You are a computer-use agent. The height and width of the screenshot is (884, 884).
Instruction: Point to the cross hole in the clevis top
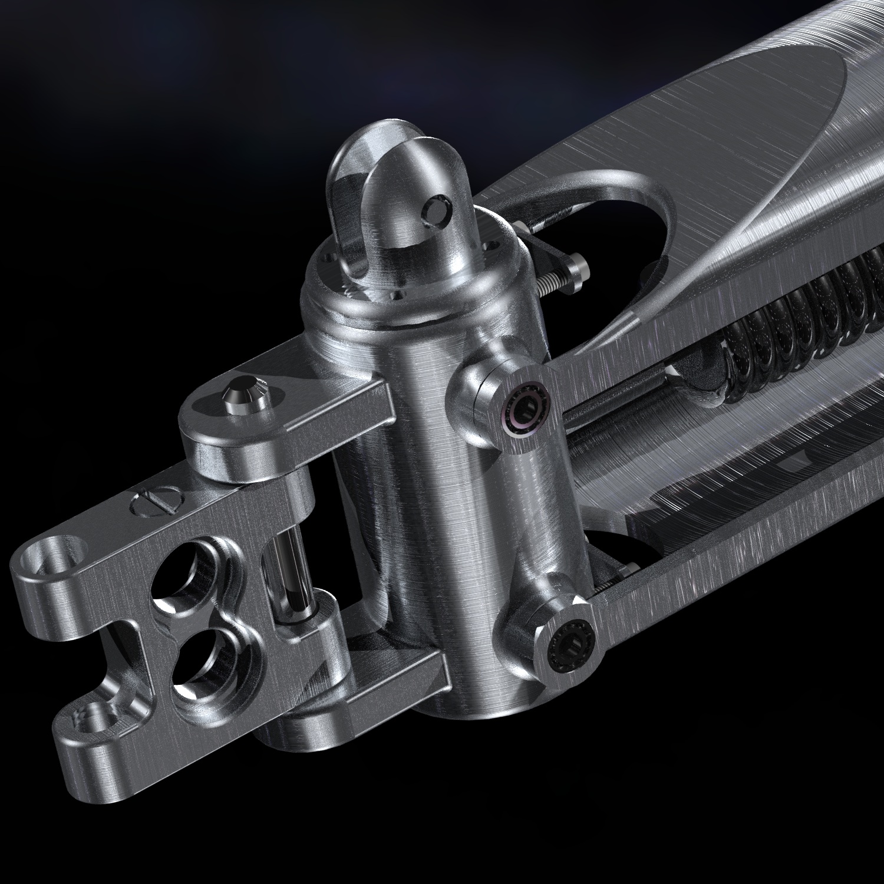438,210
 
